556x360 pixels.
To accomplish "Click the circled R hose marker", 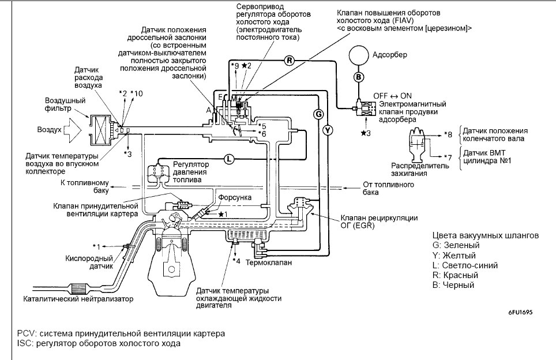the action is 290,61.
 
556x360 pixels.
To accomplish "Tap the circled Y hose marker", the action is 328,130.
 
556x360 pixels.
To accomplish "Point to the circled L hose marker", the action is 229,159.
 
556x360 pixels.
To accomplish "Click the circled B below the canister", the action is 359,77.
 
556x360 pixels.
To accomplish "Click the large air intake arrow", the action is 74,130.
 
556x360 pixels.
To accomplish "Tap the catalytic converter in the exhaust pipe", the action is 81,288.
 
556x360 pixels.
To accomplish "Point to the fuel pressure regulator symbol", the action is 159,171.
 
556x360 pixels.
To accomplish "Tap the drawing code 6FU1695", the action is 520,313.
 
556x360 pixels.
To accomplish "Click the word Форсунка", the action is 235,197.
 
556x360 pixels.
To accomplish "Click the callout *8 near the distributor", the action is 448,134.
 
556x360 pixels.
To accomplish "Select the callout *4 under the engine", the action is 236,261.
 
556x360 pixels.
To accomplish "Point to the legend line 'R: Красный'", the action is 455,275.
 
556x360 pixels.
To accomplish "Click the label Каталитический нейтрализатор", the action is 78,299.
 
